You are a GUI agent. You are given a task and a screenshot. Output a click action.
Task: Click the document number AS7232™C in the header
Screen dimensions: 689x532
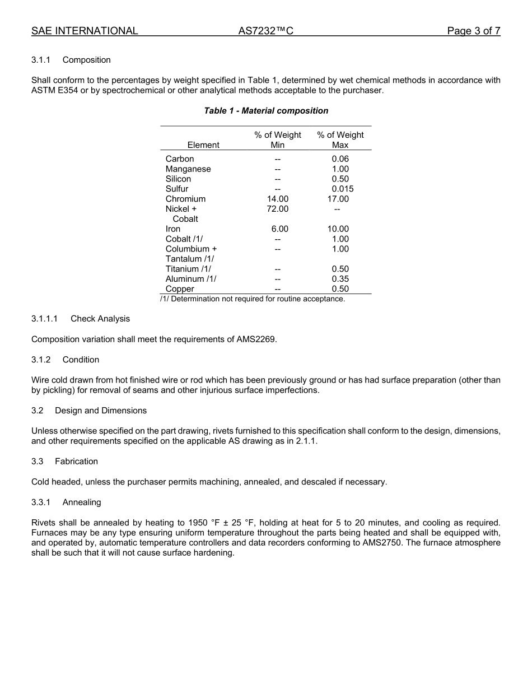[x=265, y=31]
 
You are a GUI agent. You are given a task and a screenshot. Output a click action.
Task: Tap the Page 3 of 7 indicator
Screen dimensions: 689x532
[x=473, y=31]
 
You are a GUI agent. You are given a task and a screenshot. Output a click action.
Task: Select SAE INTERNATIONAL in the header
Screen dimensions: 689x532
[x=85, y=31]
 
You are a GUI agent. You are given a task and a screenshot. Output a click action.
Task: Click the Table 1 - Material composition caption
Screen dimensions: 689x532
[x=266, y=111]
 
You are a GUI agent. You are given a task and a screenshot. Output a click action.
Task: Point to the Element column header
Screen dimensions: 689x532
[x=203, y=145]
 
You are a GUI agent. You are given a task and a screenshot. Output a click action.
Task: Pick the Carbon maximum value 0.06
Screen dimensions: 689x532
[x=340, y=159]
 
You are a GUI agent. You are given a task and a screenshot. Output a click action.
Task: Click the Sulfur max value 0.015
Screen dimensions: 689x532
[x=342, y=189]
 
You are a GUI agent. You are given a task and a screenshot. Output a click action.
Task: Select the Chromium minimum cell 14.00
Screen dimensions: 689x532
[x=277, y=199]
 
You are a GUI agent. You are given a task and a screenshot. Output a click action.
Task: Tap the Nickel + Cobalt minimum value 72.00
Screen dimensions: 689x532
[x=277, y=209]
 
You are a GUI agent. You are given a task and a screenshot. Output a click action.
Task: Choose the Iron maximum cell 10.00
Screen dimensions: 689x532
[x=338, y=229]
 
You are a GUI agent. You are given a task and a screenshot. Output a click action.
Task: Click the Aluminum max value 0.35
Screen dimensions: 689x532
[x=340, y=279]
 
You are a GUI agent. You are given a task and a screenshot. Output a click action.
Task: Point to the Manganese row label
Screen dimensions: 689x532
[x=188, y=169]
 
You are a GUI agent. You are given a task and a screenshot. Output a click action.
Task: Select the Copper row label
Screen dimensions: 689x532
[x=180, y=289]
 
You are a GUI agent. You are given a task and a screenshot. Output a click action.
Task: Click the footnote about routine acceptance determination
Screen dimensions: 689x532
[x=253, y=299]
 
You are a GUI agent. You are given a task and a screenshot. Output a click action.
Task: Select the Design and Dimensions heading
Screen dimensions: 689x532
[x=101, y=411]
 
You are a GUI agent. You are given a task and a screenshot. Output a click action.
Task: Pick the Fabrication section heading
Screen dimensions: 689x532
[x=76, y=462]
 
